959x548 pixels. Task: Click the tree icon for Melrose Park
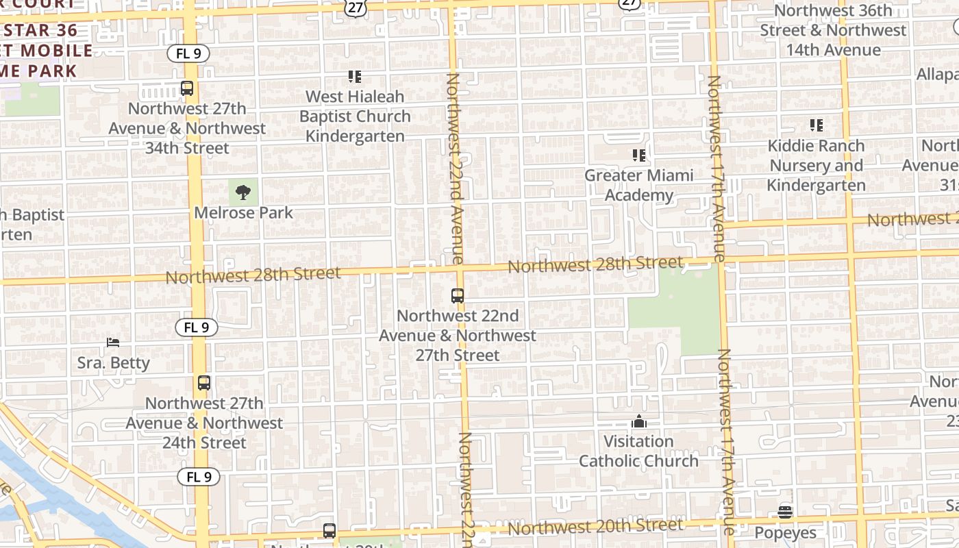click(x=243, y=192)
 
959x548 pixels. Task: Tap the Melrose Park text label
click(x=243, y=213)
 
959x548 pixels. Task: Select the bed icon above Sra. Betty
click(x=113, y=342)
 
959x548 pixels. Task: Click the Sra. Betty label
click(x=113, y=362)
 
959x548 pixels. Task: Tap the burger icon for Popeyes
click(x=785, y=512)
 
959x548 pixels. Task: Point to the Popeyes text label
click(x=785, y=533)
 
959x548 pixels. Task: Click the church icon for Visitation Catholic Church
click(x=638, y=421)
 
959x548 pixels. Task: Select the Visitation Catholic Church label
click(x=638, y=451)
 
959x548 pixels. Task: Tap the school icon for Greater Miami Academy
click(x=638, y=155)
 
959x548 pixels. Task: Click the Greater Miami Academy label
click(x=638, y=186)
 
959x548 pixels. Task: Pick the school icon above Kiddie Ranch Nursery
click(x=816, y=125)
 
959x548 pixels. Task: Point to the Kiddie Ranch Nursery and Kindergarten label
click(x=816, y=166)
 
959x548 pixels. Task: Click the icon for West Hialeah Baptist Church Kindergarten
click(x=355, y=77)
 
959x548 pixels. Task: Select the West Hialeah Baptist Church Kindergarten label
click(x=355, y=116)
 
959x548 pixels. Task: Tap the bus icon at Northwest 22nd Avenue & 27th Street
click(x=458, y=296)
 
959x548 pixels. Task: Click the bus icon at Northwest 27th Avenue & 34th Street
click(x=187, y=88)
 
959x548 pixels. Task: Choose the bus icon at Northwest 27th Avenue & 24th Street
click(x=203, y=384)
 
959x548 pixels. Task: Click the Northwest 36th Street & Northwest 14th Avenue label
click(x=833, y=30)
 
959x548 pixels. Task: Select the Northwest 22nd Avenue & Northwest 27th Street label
click(x=458, y=336)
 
